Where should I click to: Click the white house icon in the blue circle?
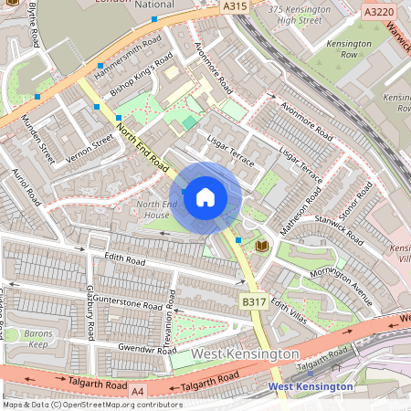[x=205, y=196]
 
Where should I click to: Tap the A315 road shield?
[x=235, y=6]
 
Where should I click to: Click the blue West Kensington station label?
[x=310, y=386]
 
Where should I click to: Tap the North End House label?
[x=152, y=208]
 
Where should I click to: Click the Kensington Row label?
[x=352, y=48]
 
